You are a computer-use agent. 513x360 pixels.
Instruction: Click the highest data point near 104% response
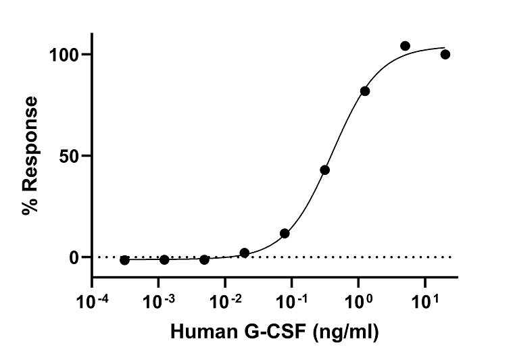[405, 46]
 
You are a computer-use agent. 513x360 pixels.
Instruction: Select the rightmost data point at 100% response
[445, 54]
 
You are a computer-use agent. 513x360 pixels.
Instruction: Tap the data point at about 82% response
[365, 91]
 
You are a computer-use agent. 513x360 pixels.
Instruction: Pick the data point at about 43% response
[325, 170]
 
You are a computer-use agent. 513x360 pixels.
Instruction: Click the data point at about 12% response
[285, 233]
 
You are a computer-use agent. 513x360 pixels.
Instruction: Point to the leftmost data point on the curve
[124, 260]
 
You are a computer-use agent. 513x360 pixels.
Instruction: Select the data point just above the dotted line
[245, 253]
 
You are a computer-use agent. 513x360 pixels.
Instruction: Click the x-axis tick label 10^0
[360, 298]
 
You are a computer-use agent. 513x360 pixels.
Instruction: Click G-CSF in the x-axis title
[272, 332]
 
